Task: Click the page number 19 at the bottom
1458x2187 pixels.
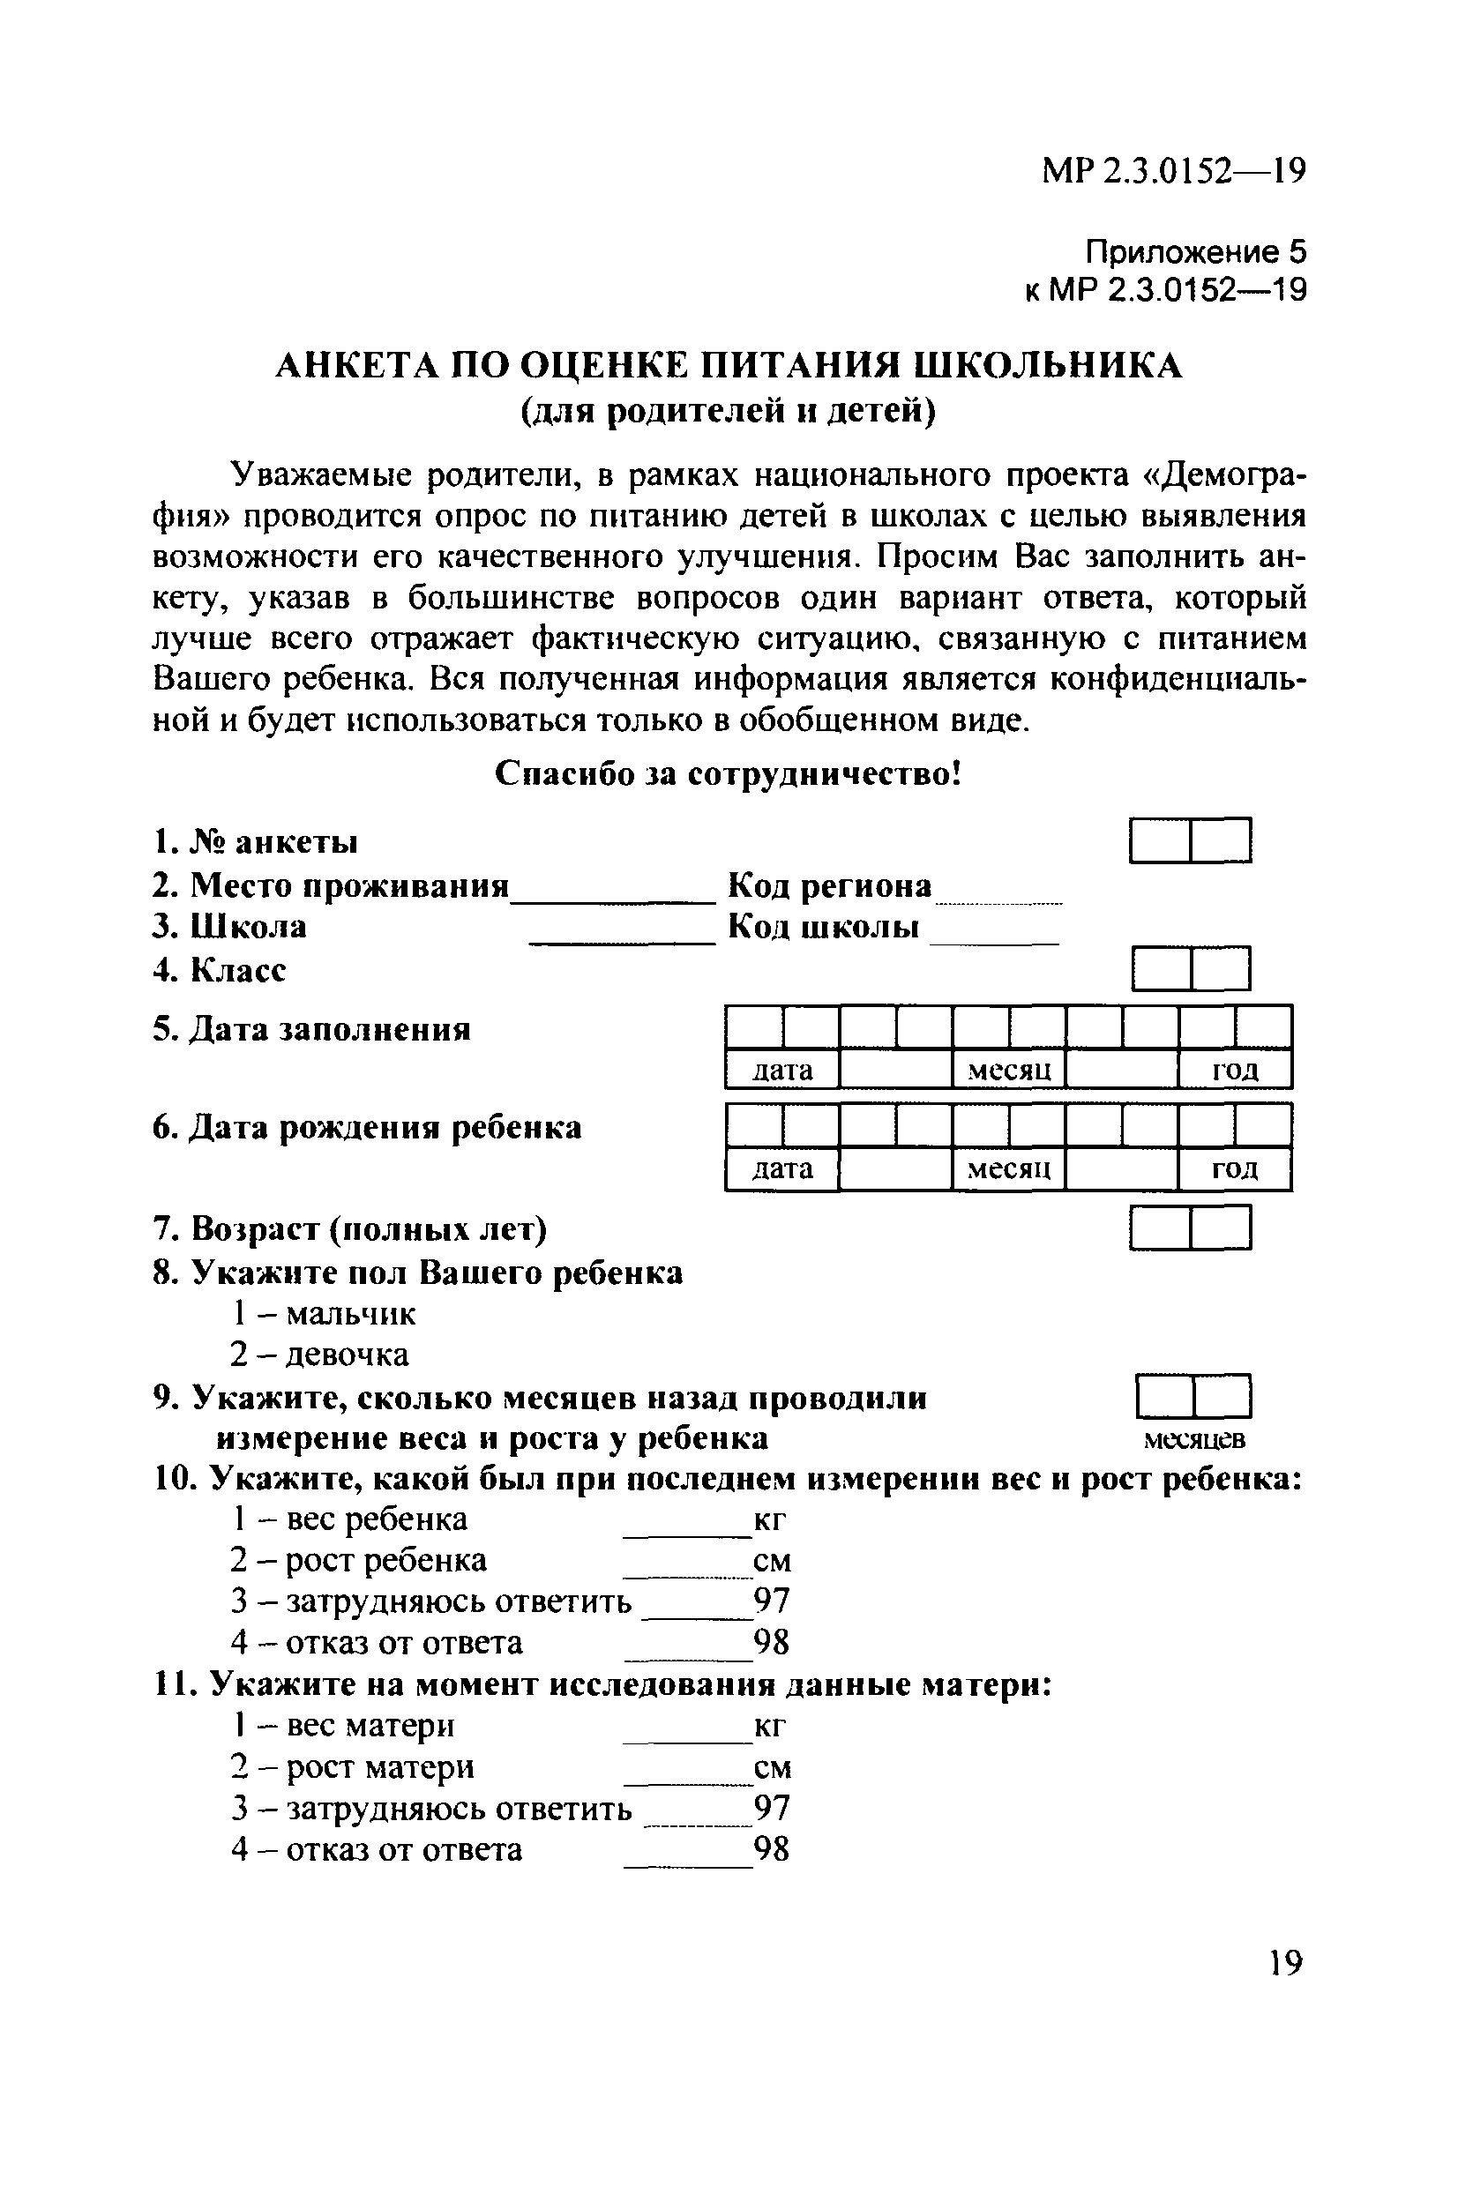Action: pyautogui.click(x=1285, y=1962)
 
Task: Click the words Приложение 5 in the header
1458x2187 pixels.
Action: pyautogui.click(x=1196, y=252)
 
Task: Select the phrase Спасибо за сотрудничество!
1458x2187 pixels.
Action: pyautogui.click(x=727, y=773)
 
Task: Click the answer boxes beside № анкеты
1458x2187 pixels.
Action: pyautogui.click(x=1190, y=840)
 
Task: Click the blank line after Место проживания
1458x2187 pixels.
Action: pyautogui.click(x=614, y=892)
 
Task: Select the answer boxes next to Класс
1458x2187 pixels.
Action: pyautogui.click(x=1191, y=969)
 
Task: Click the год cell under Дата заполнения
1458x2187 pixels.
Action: pyautogui.click(x=1235, y=1070)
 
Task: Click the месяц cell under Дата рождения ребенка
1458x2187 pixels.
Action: pyautogui.click(x=1009, y=1168)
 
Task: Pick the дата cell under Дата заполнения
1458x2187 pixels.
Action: pyautogui.click(x=782, y=1070)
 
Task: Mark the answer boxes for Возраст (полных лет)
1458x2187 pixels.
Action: pyautogui.click(x=1190, y=1228)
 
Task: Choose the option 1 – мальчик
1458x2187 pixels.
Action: pyautogui.click(x=324, y=1313)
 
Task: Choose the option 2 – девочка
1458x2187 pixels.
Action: pyautogui.click(x=320, y=1355)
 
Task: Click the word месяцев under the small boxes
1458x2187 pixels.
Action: pyautogui.click(x=1194, y=1440)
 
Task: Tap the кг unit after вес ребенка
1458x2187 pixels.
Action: pyautogui.click(x=770, y=1519)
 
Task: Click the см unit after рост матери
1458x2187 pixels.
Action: pyautogui.click(x=773, y=1767)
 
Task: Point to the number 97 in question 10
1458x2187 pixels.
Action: pyautogui.click(x=772, y=1601)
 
